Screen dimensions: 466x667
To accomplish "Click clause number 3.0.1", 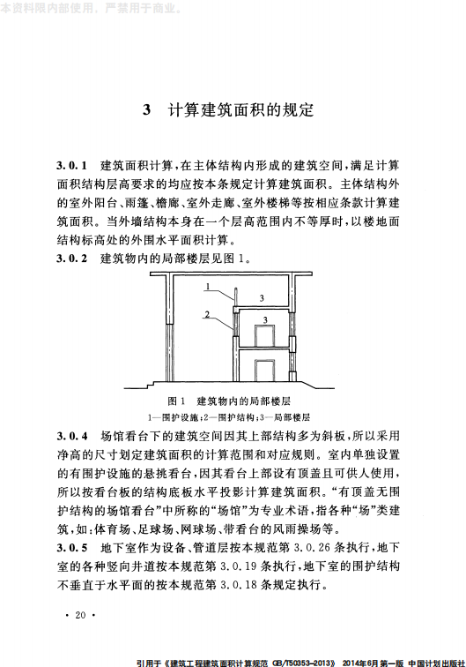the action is tap(73, 166).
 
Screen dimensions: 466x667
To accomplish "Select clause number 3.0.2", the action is tap(73, 259).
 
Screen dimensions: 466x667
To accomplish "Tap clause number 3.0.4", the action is tap(73, 436).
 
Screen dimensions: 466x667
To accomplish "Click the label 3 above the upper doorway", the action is tap(265, 318).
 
